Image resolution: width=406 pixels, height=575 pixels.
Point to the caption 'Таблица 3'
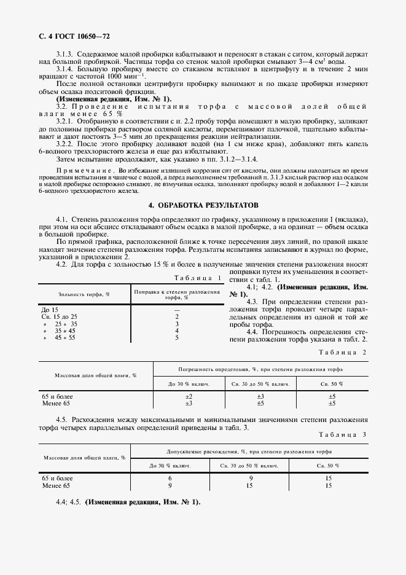(x=342, y=435)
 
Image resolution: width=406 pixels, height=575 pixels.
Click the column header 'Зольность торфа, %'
(x=84, y=294)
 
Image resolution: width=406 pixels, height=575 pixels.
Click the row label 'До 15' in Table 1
(x=50, y=310)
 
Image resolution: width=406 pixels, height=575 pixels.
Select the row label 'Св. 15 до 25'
(x=60, y=316)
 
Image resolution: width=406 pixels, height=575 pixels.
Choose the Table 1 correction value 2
(x=176, y=316)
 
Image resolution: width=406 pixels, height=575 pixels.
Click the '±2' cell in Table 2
(x=189, y=396)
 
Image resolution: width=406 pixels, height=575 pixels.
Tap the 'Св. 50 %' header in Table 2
(x=332, y=384)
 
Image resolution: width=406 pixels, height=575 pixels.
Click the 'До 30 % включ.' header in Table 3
(x=170, y=465)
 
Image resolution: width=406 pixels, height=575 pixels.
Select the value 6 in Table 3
(x=170, y=478)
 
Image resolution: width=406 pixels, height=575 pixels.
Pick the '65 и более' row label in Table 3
(x=57, y=478)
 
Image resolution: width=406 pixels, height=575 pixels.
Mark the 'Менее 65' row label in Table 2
(x=56, y=403)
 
